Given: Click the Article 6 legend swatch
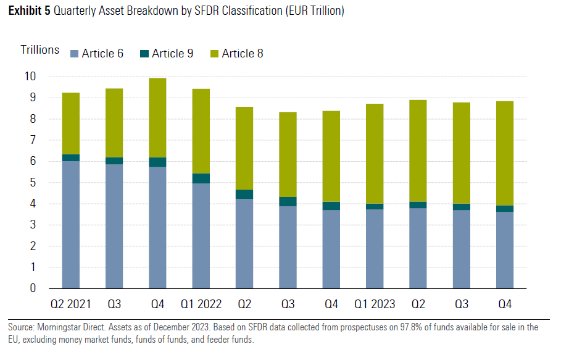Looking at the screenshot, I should tap(75, 54).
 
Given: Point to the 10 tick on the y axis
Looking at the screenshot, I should tap(30, 77).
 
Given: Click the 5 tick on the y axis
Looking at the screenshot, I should tap(33, 183).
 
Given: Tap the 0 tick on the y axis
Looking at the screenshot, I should tap(33, 288).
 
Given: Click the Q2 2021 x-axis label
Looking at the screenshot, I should tap(70, 304).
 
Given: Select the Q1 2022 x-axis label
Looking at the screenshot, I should tap(201, 304).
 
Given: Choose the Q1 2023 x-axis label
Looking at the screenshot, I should tap(375, 304).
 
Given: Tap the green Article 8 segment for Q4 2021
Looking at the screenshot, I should tap(157, 117).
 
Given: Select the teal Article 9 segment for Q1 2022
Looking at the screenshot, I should tap(201, 178).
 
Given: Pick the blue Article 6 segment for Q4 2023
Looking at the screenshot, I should tap(505, 250).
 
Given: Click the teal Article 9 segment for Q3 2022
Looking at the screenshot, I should tap(288, 201).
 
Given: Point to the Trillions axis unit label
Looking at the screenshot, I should tap(40, 50).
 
